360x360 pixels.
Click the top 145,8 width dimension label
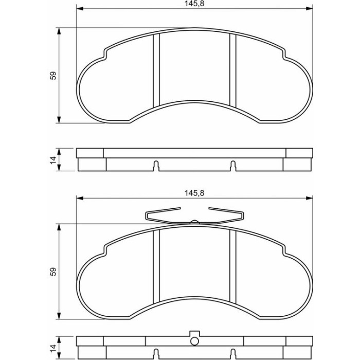tap(194, 4)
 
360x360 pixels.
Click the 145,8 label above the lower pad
tap(194, 193)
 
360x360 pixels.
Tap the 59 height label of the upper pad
tap(53, 76)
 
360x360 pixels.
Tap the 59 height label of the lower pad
tap(53, 272)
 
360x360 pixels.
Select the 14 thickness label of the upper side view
tap(53, 160)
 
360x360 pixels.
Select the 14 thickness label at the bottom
tap(53, 348)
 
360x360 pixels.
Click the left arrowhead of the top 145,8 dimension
tap(79, 9)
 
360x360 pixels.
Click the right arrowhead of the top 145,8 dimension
tap(310, 9)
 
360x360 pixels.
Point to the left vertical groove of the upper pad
tap(156, 70)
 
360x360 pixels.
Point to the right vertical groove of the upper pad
tap(233, 70)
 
